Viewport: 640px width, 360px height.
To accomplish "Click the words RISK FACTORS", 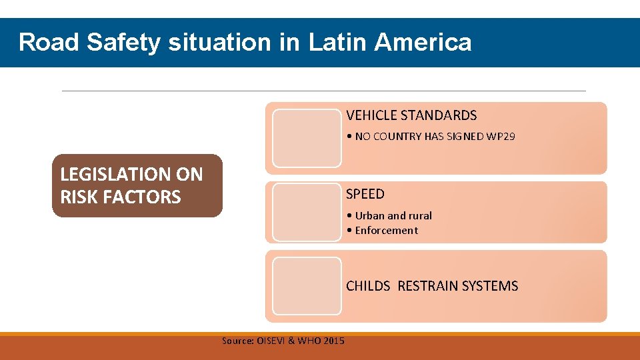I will click(121, 197).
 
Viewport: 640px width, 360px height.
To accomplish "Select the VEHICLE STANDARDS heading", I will click(411, 115).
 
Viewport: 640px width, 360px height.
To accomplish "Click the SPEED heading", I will click(365, 194).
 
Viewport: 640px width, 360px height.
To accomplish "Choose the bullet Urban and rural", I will click(393, 215).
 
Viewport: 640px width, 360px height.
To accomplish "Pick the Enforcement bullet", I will click(386, 231).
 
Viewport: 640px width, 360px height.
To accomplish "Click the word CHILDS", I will click(368, 286).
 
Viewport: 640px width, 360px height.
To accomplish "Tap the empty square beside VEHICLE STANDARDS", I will click(307, 138).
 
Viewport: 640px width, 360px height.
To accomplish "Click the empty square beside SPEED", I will click(307, 212).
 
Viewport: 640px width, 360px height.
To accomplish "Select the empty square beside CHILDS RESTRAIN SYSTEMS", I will click(307, 286).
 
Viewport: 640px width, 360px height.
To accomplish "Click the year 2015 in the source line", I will click(333, 341).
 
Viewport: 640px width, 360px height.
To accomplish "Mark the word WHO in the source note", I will click(310, 341).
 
